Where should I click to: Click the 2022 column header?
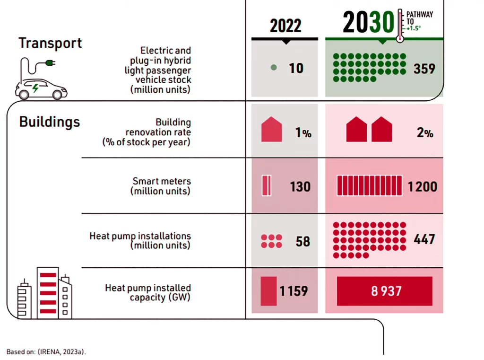click(285, 26)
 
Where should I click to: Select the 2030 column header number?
click(368, 22)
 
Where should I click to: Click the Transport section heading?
click(50, 43)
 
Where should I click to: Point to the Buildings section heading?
click(49, 122)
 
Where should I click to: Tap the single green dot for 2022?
click(273, 68)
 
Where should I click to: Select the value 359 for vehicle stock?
click(424, 69)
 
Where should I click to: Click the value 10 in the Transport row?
click(296, 68)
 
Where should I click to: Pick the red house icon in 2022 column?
click(272, 130)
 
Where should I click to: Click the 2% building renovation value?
click(424, 133)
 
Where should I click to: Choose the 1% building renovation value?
click(303, 133)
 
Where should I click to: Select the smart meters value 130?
click(300, 186)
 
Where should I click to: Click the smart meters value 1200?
click(423, 186)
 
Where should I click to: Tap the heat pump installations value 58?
click(302, 241)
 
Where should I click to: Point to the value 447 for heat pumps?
click(424, 239)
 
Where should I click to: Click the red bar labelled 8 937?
click(384, 291)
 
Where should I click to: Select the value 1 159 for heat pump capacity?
click(294, 291)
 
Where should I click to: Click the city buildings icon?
click(45, 294)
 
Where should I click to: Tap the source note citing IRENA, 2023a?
click(46, 351)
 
